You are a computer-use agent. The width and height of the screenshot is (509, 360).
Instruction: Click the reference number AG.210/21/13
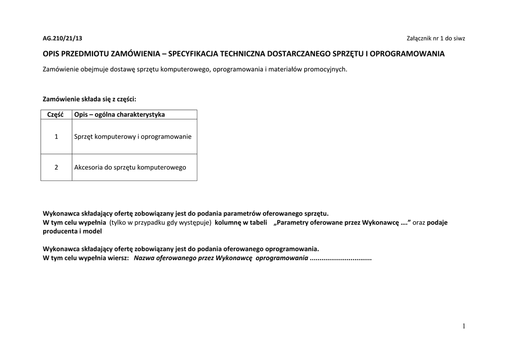point(62,38)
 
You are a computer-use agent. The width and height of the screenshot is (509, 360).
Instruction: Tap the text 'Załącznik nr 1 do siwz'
point(435,38)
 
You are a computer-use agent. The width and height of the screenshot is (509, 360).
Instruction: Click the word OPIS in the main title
point(51,54)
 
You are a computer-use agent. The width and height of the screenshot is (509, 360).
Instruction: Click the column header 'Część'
point(56,114)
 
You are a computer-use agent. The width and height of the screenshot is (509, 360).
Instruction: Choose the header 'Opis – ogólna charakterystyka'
point(119,114)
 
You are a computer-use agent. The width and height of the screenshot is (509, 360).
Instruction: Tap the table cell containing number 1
point(56,136)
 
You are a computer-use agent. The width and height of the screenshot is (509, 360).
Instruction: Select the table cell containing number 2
point(56,167)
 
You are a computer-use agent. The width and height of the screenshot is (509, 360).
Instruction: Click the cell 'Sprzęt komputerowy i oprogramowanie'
point(133,136)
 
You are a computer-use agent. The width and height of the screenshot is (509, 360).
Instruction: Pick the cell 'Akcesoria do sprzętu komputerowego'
point(130,167)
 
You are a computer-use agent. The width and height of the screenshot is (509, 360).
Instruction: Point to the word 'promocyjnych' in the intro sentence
point(327,69)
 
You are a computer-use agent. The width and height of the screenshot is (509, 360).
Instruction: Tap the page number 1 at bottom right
point(463,326)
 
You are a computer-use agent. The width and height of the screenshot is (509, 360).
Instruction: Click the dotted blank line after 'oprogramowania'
point(340,259)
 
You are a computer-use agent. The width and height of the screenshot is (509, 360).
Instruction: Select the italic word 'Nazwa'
point(144,259)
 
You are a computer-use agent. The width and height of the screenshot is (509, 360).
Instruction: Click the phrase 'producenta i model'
point(73,231)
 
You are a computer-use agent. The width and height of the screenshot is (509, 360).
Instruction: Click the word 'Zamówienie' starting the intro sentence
point(61,69)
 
